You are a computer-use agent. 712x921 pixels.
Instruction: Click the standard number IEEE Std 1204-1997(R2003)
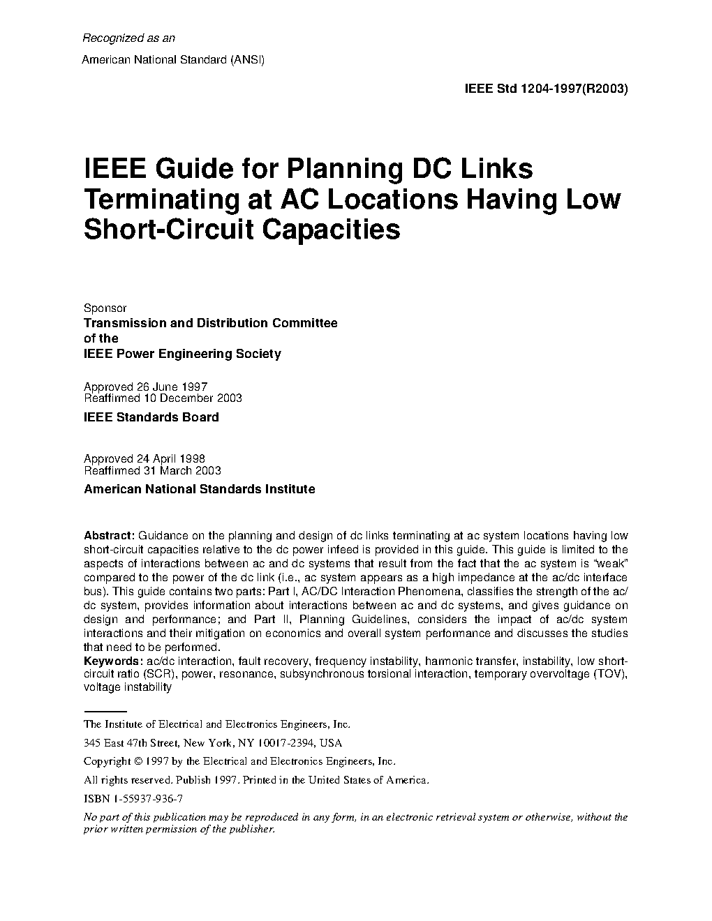(x=546, y=89)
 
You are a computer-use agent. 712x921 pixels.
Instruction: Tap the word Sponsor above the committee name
(x=105, y=308)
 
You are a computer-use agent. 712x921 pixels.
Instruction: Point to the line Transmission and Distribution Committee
(x=210, y=323)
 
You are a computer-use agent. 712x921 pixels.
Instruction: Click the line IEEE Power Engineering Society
(x=182, y=354)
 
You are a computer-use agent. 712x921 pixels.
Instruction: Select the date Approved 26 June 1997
(x=145, y=387)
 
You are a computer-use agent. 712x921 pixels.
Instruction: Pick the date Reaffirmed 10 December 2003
(x=163, y=398)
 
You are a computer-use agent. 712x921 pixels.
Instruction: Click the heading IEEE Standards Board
(x=151, y=417)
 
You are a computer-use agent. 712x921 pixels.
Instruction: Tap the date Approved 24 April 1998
(x=144, y=459)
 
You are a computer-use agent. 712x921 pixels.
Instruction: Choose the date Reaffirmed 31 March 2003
(x=152, y=471)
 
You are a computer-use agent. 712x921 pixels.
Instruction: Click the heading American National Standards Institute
(x=199, y=489)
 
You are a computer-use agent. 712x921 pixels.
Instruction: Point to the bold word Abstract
(x=109, y=536)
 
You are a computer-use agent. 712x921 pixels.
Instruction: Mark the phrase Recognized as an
(x=129, y=38)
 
